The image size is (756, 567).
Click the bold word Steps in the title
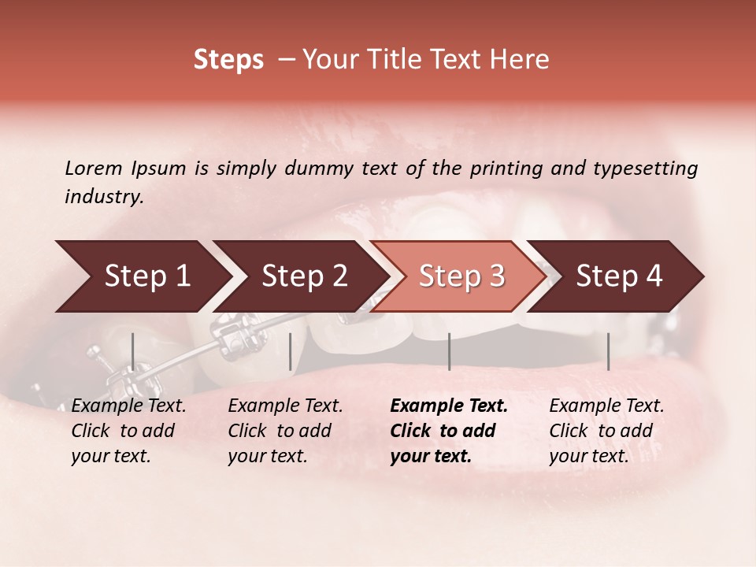[228, 60]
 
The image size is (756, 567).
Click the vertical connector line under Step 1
[132, 351]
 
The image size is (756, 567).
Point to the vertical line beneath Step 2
[291, 351]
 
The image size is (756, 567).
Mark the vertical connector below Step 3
[449, 351]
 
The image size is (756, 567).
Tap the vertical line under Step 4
[608, 351]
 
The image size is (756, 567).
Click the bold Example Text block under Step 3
[449, 431]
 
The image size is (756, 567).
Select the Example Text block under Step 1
[128, 431]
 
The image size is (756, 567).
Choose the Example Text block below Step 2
[285, 431]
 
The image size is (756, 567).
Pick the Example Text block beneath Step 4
[606, 431]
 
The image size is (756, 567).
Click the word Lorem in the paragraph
[94, 168]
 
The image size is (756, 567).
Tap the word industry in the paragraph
[104, 197]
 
